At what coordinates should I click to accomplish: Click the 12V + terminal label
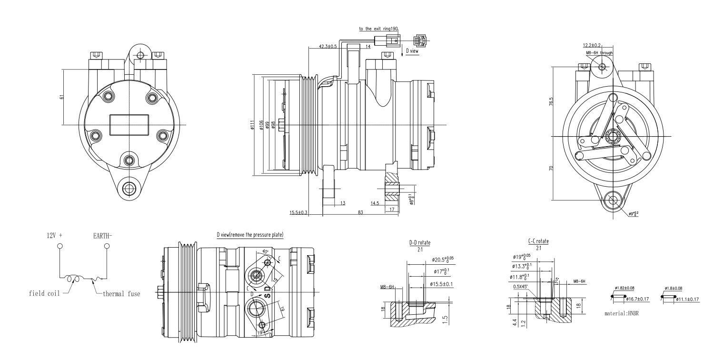click(x=54, y=235)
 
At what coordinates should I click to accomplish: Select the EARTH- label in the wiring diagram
click(x=104, y=235)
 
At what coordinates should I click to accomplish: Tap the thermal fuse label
click(x=121, y=294)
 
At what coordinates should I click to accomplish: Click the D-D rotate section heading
click(x=419, y=243)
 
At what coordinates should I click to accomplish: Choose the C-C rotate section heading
click(x=538, y=241)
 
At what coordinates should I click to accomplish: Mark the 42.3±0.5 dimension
click(x=328, y=46)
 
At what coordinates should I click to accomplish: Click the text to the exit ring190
click(x=378, y=29)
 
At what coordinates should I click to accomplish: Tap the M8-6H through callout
click(x=599, y=53)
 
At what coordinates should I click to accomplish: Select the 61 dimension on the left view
click(x=61, y=97)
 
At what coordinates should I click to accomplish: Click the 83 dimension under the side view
click(x=360, y=212)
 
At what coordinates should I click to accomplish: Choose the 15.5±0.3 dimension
click(x=298, y=212)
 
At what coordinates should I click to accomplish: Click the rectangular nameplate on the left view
click(x=129, y=125)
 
